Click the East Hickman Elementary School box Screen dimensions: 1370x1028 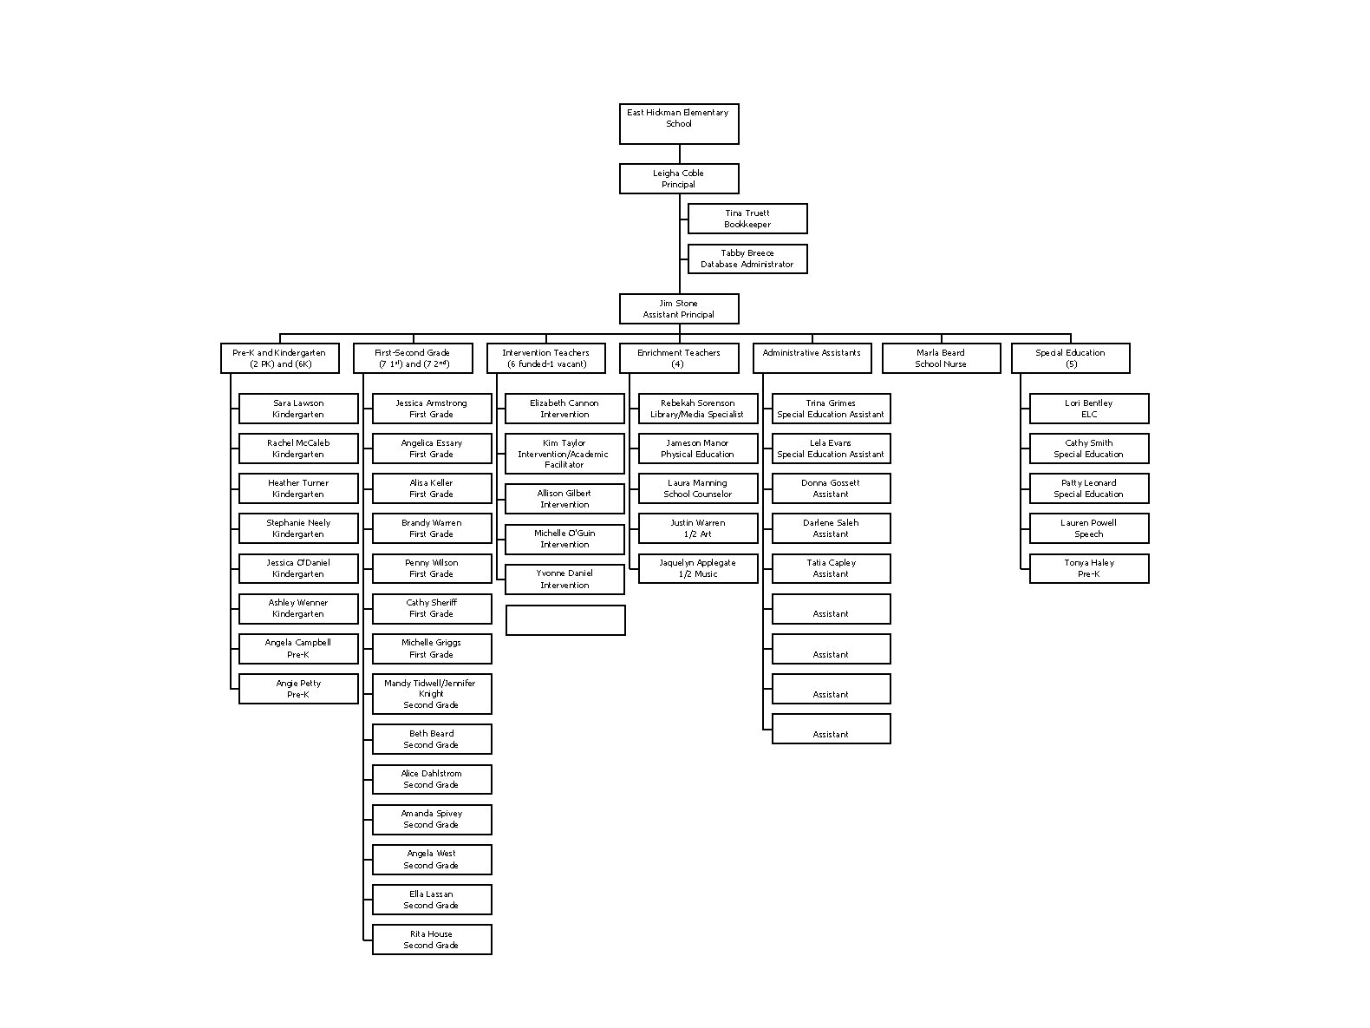[x=678, y=123]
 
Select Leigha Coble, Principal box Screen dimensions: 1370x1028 [x=678, y=179]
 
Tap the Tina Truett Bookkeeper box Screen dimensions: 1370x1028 [x=747, y=219]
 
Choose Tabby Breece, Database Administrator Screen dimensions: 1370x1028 [x=747, y=259]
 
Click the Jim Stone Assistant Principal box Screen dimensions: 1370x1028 [x=678, y=309]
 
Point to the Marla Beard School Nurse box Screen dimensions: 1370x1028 [x=941, y=358]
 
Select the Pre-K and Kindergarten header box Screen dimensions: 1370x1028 [x=279, y=358]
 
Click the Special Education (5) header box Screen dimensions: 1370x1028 [x=1070, y=358]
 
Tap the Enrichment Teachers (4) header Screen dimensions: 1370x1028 [x=678, y=358]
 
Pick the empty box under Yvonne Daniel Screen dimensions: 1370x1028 [x=564, y=620]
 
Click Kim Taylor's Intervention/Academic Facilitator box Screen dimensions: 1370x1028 [x=564, y=454]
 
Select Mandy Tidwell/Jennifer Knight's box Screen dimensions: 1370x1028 [x=431, y=694]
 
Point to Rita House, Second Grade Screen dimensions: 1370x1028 [x=431, y=940]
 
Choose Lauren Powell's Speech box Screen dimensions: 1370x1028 [x=1088, y=528]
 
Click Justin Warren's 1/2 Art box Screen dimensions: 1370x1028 [x=697, y=528]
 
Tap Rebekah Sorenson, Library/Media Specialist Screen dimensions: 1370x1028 [x=697, y=409]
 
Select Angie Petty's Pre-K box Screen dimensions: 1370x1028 [x=297, y=689]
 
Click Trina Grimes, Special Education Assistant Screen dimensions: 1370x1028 [x=831, y=409]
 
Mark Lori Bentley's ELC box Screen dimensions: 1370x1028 [x=1088, y=409]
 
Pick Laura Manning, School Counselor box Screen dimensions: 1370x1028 [x=697, y=488]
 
